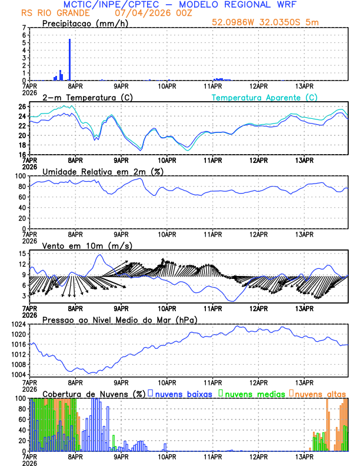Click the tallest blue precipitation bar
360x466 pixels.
coord(69,59)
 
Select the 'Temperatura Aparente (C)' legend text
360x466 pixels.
coord(265,97)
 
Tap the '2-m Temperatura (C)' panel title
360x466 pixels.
coord(83,97)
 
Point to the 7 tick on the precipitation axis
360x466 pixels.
coord(24,28)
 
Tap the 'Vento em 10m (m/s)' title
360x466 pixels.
coord(79,245)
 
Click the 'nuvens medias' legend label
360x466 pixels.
coord(254,393)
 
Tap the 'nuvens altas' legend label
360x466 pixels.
coord(319,393)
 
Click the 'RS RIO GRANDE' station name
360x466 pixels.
coord(48,12)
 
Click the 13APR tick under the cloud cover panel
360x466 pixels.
coord(304,457)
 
